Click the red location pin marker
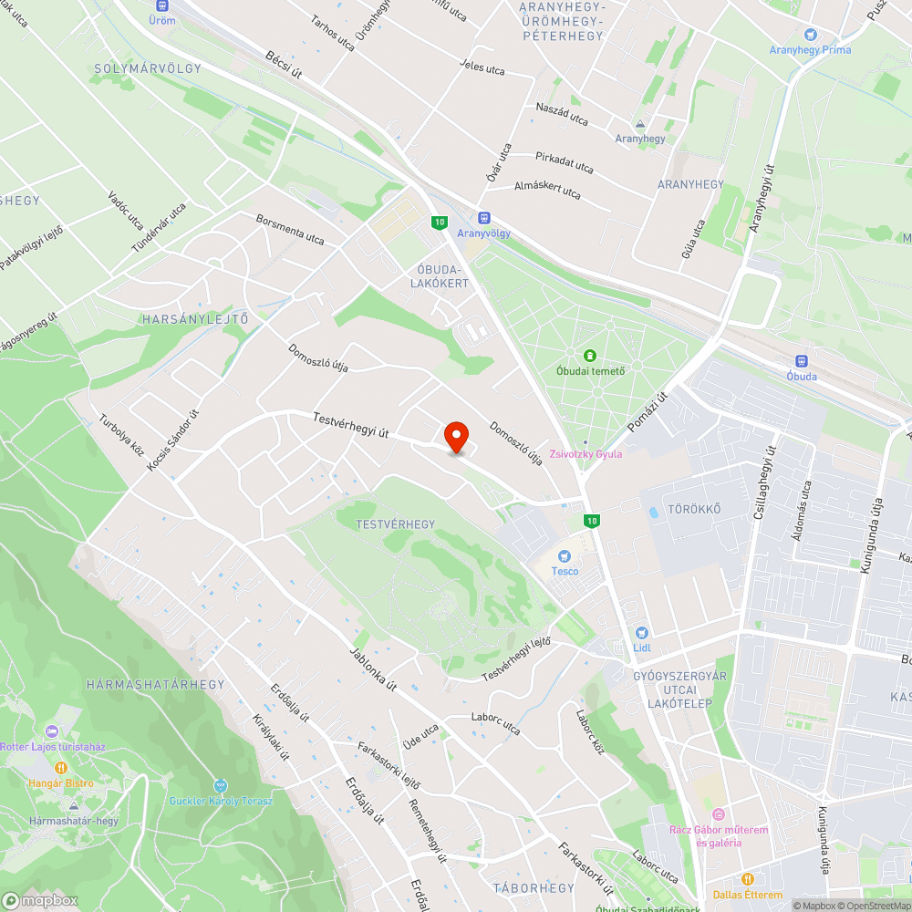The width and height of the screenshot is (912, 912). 456,437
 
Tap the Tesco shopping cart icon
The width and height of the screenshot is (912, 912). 565,555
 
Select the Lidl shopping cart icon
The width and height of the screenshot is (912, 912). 641,633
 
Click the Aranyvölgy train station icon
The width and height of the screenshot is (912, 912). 484,218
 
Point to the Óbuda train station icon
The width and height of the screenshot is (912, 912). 802,361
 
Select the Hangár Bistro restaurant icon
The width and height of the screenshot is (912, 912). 61,768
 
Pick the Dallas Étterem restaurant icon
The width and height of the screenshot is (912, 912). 747,879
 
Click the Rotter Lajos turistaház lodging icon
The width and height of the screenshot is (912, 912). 51,731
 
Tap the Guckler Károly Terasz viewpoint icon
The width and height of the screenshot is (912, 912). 219,785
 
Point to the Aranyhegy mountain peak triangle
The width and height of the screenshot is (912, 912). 640,124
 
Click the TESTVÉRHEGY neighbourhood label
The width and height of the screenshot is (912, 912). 398,524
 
